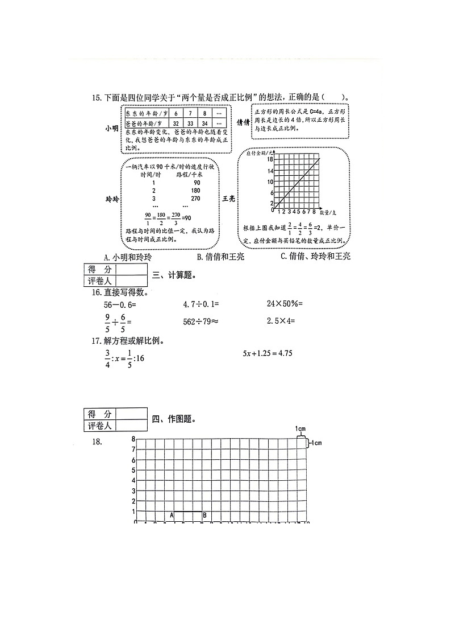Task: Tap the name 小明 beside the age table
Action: [x=111, y=129]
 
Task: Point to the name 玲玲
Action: [x=112, y=199]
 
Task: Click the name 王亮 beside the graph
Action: [x=228, y=199]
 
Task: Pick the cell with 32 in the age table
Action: [x=176, y=123]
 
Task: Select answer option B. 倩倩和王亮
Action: [x=220, y=257]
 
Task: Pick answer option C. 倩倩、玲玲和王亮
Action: [x=315, y=257]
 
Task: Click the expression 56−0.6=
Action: [x=118, y=304]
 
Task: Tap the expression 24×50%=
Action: [x=285, y=304]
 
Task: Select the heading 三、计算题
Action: [x=174, y=276]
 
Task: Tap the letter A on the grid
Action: [x=172, y=516]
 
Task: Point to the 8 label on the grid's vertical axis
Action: [x=133, y=439]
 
